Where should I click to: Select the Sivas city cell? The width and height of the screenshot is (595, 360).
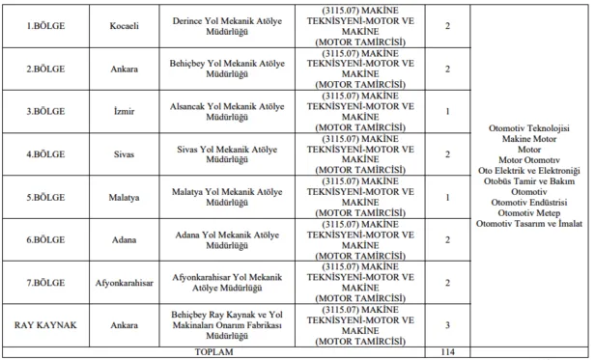[x=126, y=153]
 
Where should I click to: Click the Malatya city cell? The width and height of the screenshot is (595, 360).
[x=126, y=196]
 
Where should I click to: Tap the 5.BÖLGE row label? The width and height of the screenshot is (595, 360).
[x=42, y=196]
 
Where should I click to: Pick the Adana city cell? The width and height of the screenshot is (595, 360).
[x=126, y=238]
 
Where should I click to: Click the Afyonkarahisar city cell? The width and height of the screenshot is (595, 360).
[x=126, y=281]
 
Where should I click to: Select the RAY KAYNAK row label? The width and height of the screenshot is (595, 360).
[x=42, y=325]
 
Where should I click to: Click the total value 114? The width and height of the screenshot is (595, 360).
[x=447, y=352]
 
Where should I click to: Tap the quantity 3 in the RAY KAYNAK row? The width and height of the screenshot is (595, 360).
[x=447, y=325]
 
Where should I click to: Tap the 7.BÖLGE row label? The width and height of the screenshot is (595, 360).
[x=42, y=281]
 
